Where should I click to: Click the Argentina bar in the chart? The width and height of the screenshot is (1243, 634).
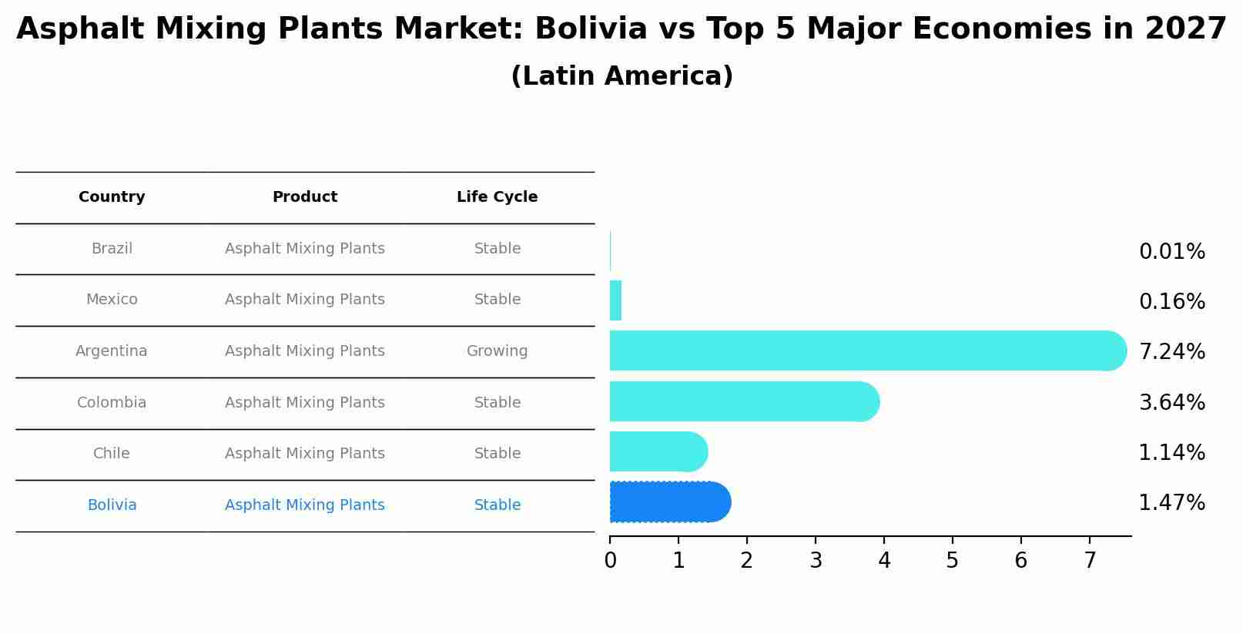click(863, 351)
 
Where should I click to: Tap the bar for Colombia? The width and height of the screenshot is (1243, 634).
click(739, 401)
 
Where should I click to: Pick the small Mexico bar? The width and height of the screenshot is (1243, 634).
click(615, 300)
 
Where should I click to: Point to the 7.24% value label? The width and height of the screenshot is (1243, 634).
click(1171, 352)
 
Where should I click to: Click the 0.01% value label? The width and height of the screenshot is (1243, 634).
click(1171, 252)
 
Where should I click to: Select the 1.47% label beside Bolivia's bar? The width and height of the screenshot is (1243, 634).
click(1171, 503)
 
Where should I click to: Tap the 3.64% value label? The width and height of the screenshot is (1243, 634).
click(1171, 403)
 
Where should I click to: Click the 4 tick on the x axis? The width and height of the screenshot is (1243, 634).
click(884, 561)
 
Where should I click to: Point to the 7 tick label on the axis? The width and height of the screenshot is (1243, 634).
click(1090, 561)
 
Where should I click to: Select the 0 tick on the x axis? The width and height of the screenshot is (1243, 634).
click(610, 561)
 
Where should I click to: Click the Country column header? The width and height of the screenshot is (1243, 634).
click(112, 197)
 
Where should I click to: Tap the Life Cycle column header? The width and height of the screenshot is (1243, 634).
click(497, 197)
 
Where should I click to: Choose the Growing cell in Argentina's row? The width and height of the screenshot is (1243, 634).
click(497, 351)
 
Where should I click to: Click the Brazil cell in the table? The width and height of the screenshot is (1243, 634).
click(112, 249)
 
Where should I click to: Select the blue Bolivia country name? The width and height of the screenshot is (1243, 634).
click(112, 505)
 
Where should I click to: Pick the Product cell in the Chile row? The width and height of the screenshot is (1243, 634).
click(304, 454)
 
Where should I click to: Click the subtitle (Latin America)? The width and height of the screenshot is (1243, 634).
click(621, 76)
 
